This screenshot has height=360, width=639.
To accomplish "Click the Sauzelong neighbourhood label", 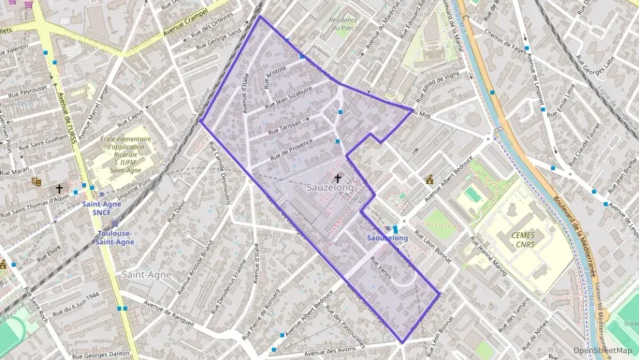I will tap(330, 187).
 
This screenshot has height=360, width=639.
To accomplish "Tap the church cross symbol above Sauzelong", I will tap(337, 178).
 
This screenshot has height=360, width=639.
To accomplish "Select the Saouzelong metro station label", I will tap(387, 238).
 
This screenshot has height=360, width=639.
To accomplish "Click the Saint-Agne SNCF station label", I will tap(102, 208).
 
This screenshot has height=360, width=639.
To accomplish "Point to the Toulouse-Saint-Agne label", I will tap(115, 237).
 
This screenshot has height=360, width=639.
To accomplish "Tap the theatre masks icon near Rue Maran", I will tap(36, 182).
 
